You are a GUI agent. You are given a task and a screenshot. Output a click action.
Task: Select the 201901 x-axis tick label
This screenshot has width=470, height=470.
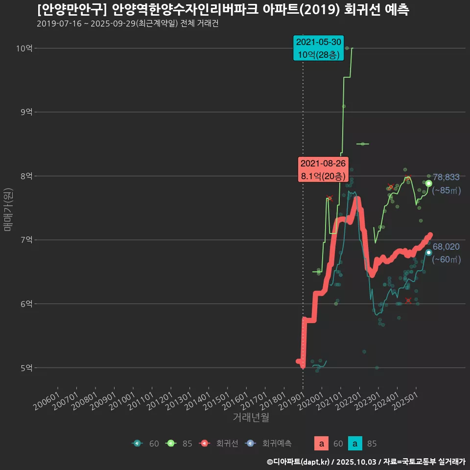(x=294, y=399)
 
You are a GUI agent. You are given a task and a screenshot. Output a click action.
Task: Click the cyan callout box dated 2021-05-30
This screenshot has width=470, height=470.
(x=318, y=48)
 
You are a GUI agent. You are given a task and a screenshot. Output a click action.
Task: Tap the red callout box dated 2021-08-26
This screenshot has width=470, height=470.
(x=323, y=169)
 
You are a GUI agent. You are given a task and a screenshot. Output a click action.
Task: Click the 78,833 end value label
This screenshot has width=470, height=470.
(x=446, y=177)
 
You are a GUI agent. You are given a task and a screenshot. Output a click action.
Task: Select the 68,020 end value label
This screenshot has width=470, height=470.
(x=446, y=247)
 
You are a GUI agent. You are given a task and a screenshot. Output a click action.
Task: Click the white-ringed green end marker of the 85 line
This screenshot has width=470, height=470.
(x=429, y=183)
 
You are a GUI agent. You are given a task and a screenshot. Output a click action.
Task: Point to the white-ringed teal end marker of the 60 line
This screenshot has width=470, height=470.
(x=429, y=252)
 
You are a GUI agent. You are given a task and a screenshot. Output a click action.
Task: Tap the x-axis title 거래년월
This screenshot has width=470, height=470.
(x=251, y=417)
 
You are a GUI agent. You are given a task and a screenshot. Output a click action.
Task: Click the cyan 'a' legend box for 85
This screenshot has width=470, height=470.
(x=355, y=444)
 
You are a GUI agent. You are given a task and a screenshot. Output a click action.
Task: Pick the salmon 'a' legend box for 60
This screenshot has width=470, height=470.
(x=321, y=444)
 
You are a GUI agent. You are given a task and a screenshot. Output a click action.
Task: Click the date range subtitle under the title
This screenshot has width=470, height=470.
(x=127, y=23)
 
